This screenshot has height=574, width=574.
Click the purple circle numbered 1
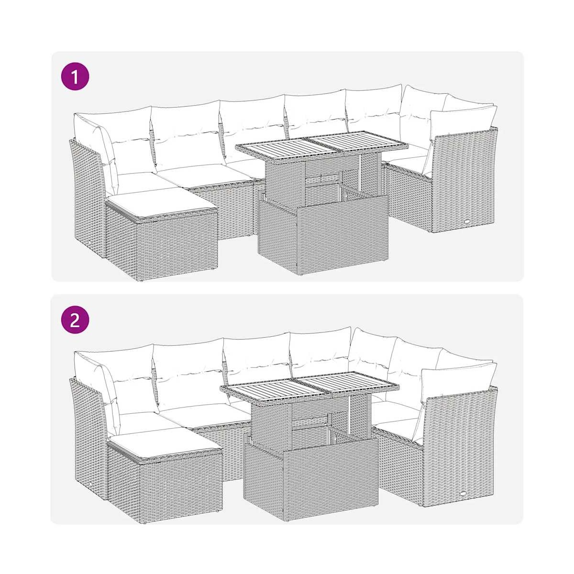click(x=75, y=77)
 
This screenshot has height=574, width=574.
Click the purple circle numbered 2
click(x=75, y=321)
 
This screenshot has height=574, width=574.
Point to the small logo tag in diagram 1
click(x=467, y=222)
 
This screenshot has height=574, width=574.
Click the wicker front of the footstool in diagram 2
click(x=180, y=490)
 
